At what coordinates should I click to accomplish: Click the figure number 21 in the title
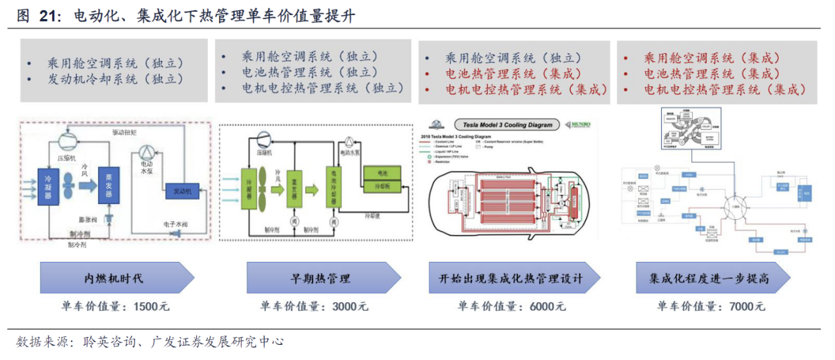[x=47, y=16]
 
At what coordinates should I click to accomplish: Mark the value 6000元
[x=547, y=307]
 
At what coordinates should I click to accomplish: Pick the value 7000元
[x=747, y=307]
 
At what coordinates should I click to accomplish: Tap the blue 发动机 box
[x=182, y=191]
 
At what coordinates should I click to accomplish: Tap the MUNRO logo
[x=580, y=124]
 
